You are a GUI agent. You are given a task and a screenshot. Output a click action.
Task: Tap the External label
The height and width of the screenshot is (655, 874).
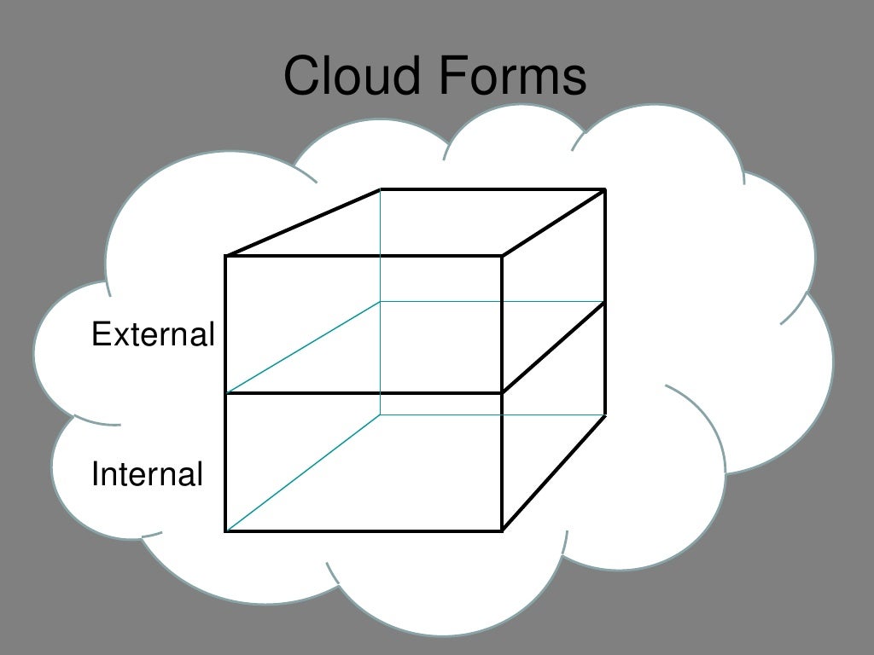point(153,335)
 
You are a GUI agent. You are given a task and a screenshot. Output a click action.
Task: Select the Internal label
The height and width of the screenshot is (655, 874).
point(147,474)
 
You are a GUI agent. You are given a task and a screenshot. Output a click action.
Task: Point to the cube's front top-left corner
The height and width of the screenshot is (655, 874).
point(226,255)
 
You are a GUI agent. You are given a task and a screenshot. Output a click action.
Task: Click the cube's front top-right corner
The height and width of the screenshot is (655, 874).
point(502,255)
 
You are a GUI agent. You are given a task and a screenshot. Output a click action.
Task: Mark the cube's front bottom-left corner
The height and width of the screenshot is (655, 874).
point(226,530)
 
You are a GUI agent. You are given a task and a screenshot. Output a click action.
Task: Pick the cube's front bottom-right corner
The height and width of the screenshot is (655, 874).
point(502,530)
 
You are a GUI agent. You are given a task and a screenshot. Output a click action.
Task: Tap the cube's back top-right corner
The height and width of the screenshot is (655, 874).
point(605,189)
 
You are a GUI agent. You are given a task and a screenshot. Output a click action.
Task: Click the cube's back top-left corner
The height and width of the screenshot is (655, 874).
point(381,189)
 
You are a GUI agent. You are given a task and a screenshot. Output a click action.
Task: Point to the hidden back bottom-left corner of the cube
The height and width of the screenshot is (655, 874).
point(381,414)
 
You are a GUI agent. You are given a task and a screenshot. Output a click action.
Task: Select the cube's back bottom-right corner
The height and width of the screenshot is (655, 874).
point(605,415)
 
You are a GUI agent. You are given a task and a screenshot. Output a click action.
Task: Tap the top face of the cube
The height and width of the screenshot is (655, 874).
point(418,222)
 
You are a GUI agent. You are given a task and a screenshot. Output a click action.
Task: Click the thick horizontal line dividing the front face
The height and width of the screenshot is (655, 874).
point(364,393)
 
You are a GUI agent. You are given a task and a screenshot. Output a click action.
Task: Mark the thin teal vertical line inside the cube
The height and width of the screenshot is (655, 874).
point(381,256)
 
